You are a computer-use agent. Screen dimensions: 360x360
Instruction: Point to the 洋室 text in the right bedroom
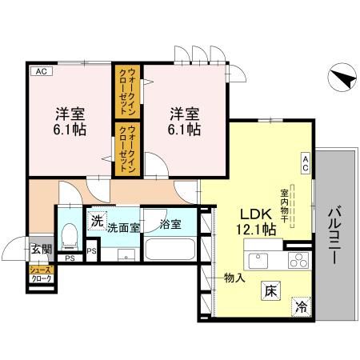tap(182, 112)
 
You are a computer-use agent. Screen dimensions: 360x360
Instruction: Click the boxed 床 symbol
tap(267, 294)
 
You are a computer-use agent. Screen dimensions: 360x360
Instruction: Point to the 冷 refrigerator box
tap(302, 307)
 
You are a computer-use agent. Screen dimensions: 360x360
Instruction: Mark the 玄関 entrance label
tap(41, 250)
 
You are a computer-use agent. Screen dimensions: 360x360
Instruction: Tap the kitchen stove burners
tap(298, 260)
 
